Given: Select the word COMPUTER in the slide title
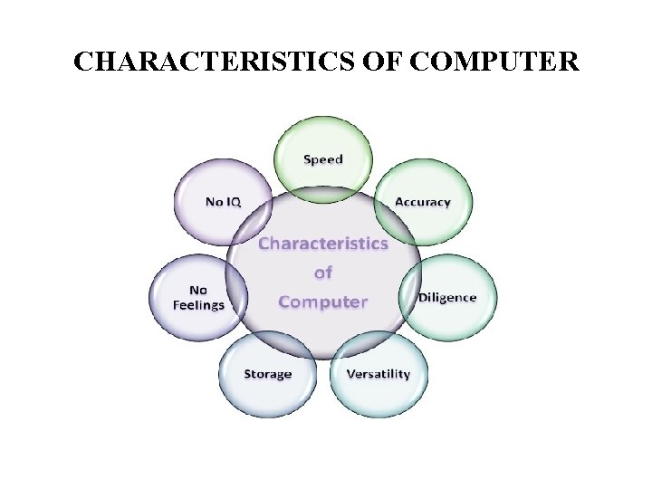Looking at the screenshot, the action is coord(494,62).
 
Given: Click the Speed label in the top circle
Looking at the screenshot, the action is coord(323,159).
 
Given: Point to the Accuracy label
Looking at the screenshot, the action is coord(422,202).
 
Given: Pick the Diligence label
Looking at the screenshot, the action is coord(446,298).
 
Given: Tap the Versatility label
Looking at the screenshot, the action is coord(378,374).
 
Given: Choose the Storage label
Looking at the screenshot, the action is coord(267,374).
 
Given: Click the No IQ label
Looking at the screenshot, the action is coord(224,201).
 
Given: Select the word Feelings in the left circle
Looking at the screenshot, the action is coord(198,305).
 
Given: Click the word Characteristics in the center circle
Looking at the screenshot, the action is coord(323,243).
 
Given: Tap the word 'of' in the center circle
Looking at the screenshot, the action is coord(323,272).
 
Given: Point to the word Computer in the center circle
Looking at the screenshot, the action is coord(323,302).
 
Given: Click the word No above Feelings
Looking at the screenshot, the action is coord(198,291).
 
